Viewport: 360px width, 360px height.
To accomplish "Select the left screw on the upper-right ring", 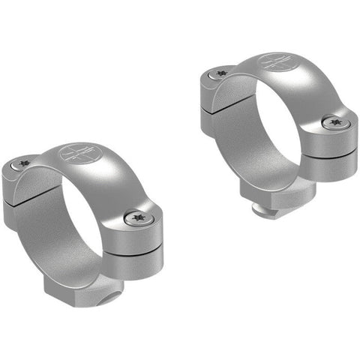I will point(220,73).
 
